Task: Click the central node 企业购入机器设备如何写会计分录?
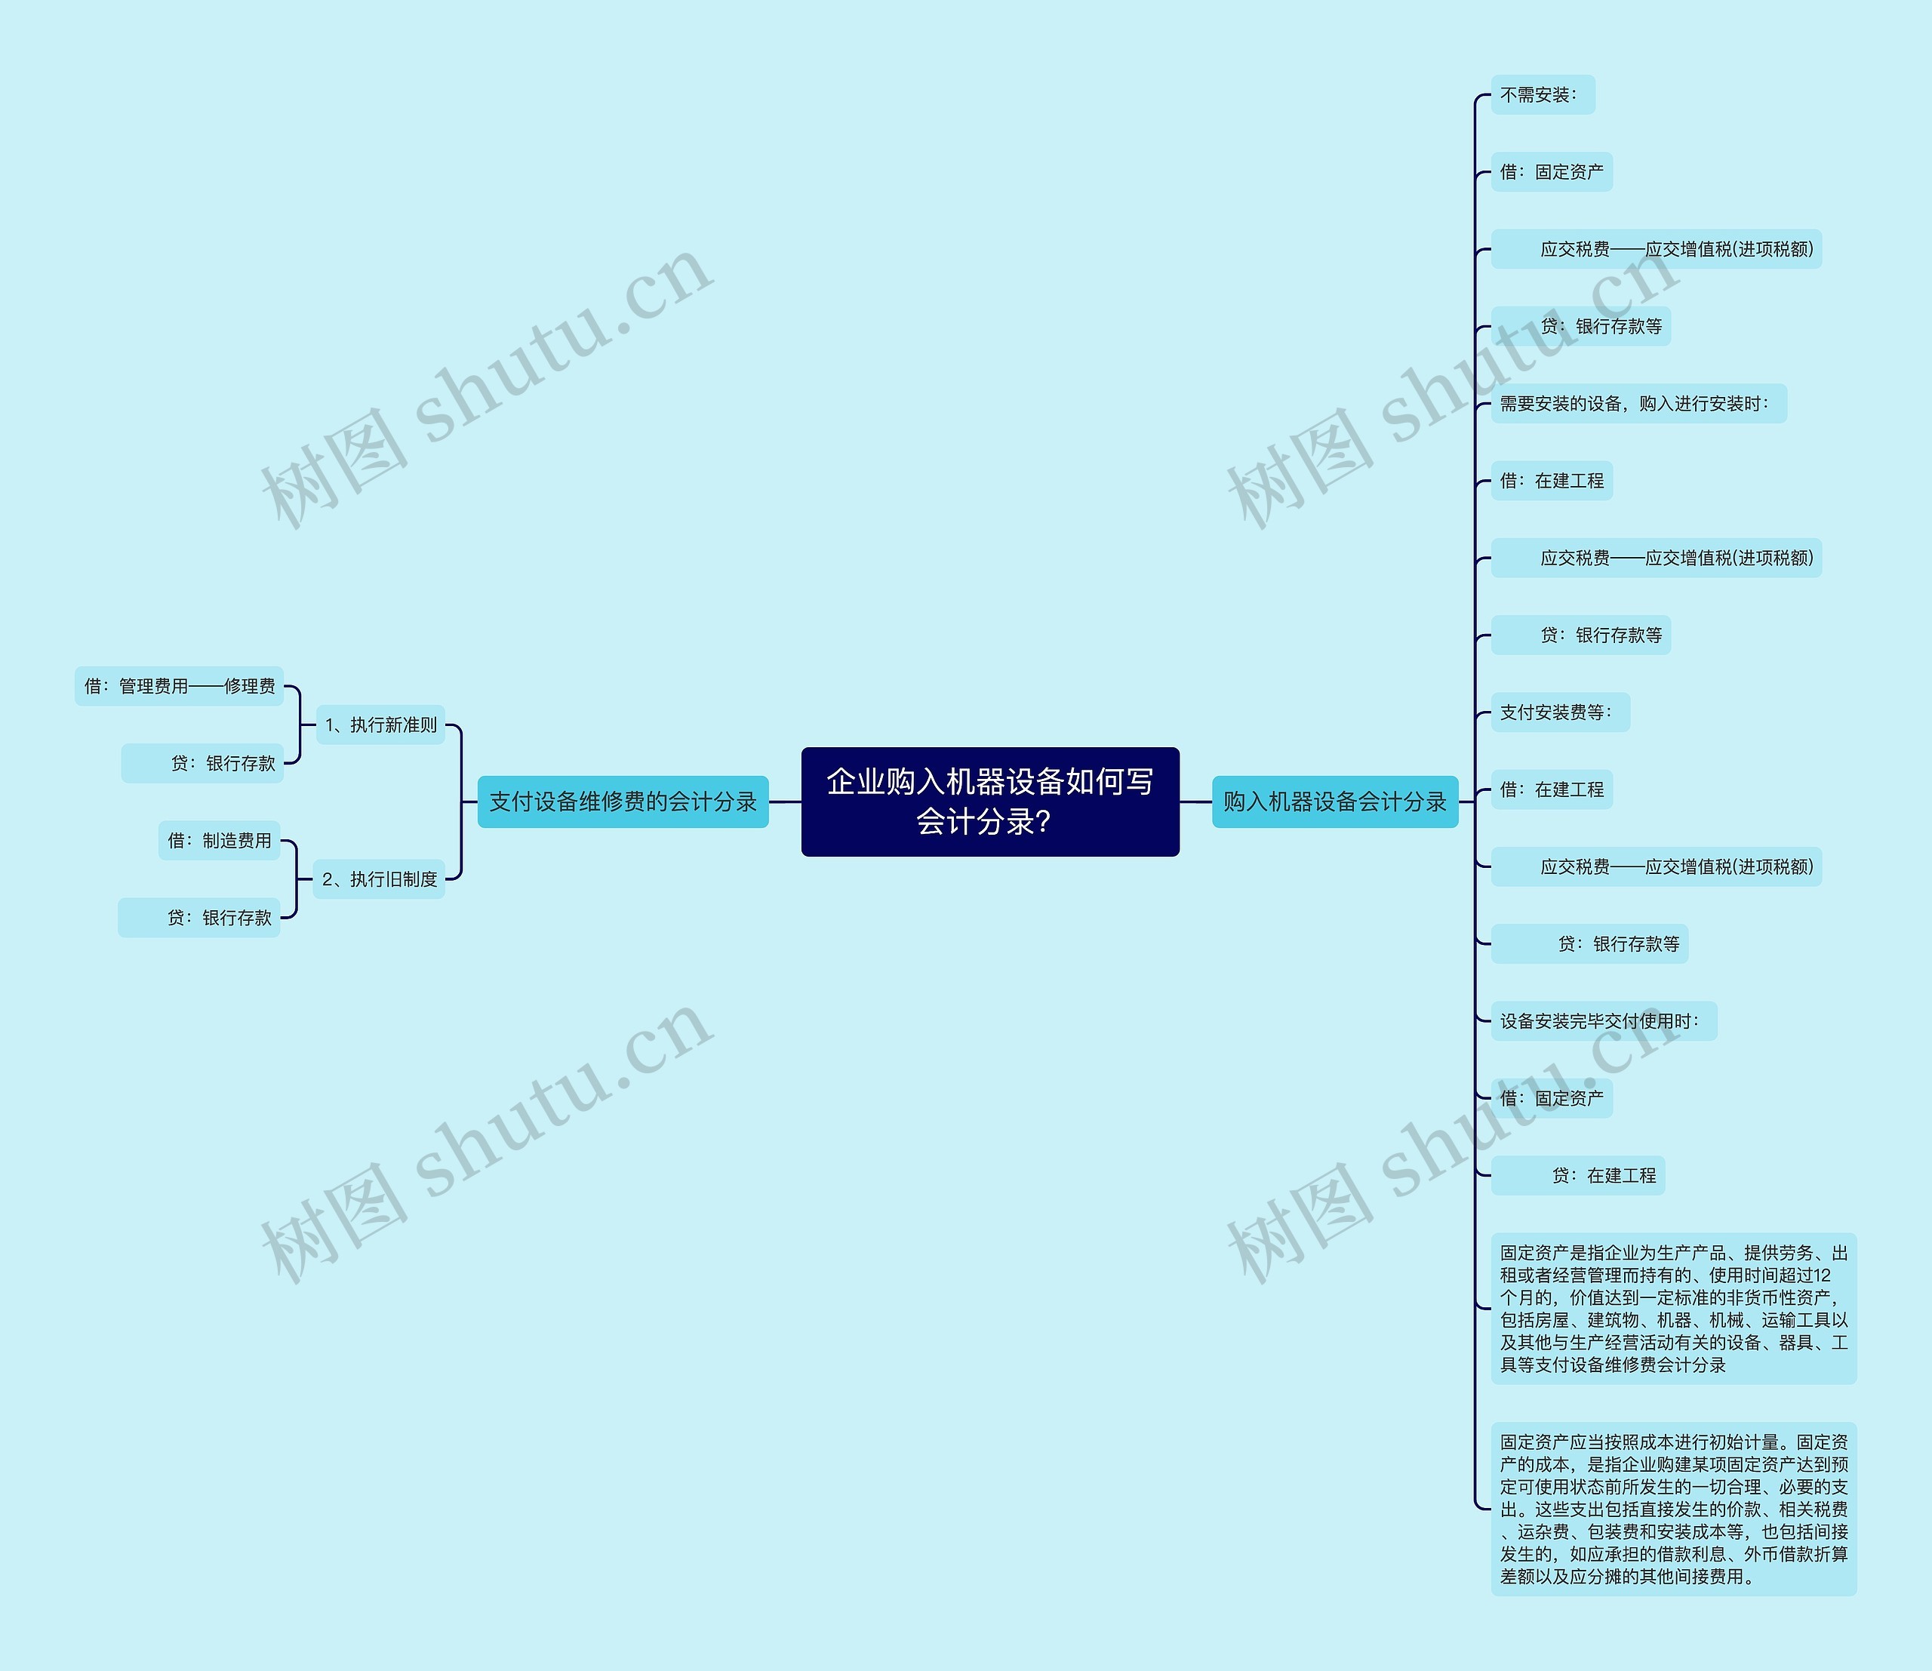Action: [989, 801]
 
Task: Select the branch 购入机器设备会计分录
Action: [1334, 801]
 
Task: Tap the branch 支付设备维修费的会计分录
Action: [622, 801]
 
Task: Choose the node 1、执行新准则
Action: [380, 725]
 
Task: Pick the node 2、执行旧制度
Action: [379, 879]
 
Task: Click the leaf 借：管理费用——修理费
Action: [179, 686]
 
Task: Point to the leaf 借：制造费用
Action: [219, 840]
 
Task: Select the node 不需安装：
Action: [1543, 95]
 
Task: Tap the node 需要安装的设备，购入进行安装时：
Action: [1638, 404]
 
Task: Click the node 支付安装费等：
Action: [1559, 712]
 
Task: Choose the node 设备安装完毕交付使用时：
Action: [1603, 1021]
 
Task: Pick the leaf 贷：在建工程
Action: [1579, 1176]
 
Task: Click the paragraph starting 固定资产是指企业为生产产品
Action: [1673, 1308]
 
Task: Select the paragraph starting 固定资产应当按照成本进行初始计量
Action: [1673, 1509]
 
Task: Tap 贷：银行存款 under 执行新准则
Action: [202, 764]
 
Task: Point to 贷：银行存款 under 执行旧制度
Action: [199, 918]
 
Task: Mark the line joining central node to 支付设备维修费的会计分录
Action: [785, 801]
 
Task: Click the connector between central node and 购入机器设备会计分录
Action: [1195, 801]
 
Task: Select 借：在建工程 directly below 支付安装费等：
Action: [1552, 789]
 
